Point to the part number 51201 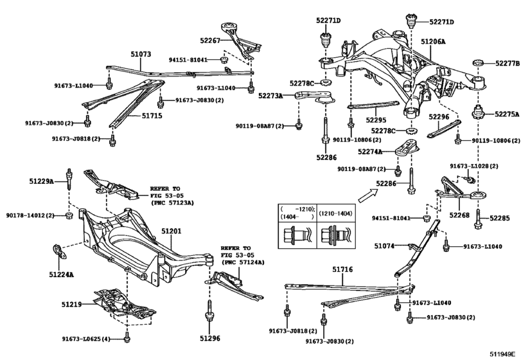pos(171,230)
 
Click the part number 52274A pos(370,152)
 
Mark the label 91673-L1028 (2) pos(473,166)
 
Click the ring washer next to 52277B pos(477,63)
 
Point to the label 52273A pos(270,95)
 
